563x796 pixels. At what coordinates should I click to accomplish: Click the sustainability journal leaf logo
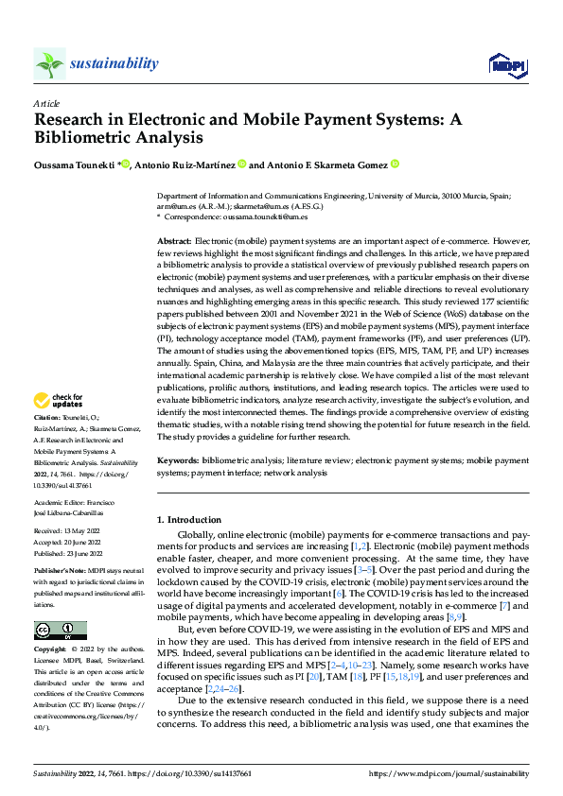(x=49, y=63)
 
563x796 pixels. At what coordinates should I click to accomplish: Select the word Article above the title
(x=46, y=102)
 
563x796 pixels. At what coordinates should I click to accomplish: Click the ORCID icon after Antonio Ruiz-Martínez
(x=242, y=164)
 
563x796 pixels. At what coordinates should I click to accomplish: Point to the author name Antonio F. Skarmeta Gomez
(x=326, y=164)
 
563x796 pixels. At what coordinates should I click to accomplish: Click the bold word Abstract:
(x=174, y=243)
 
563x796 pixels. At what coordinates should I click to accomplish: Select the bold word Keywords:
(x=178, y=460)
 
